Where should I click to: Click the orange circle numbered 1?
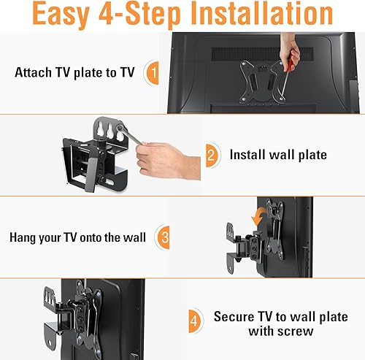click(152, 73)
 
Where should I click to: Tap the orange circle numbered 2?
click(211, 155)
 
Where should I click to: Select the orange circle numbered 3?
click(165, 237)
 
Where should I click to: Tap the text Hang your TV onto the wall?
click(78, 237)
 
